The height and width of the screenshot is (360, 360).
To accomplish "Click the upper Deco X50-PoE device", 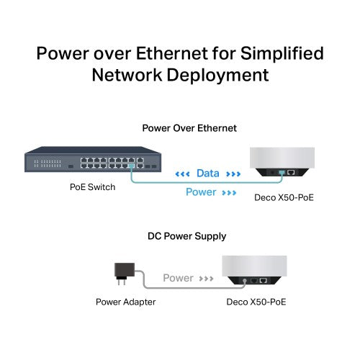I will [281, 162].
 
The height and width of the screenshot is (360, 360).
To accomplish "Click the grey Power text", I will [178, 278].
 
